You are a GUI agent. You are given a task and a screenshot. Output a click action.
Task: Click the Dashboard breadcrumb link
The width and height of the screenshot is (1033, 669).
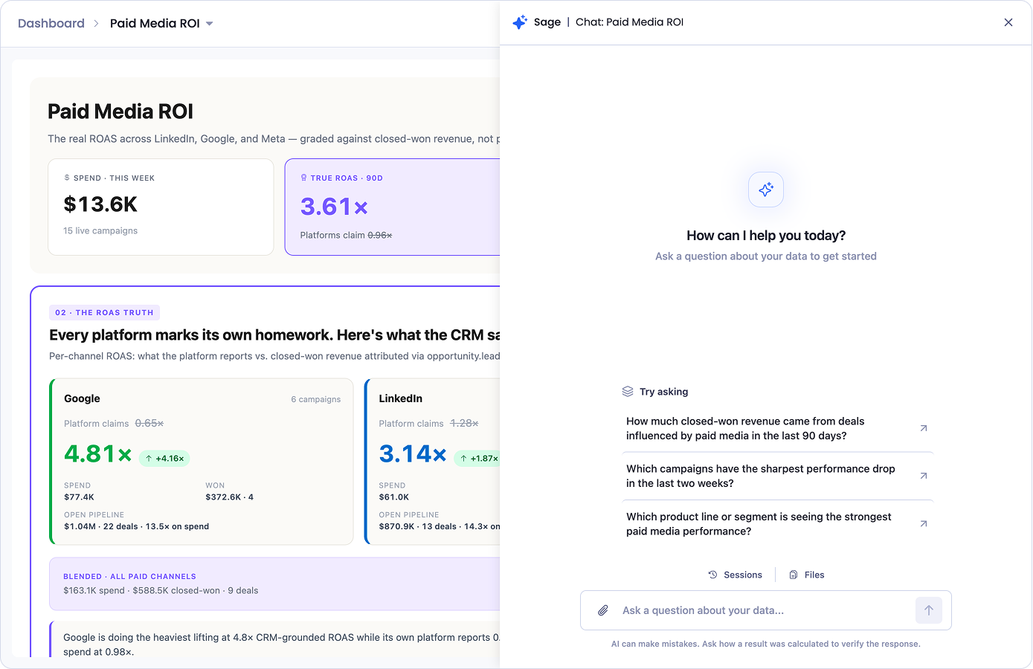(x=51, y=23)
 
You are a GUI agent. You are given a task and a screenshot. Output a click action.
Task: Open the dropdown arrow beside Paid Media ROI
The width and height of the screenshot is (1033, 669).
(x=210, y=24)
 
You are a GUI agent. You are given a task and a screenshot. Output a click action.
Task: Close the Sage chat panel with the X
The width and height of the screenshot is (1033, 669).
(x=1008, y=22)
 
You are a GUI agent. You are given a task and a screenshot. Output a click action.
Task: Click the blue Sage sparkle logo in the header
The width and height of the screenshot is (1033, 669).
(x=520, y=22)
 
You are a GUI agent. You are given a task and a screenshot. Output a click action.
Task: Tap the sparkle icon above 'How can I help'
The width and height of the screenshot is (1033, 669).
(x=765, y=190)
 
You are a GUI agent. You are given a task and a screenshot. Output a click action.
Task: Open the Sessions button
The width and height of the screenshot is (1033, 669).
(x=735, y=575)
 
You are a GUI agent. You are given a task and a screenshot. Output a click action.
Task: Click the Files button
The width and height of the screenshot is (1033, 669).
(x=807, y=575)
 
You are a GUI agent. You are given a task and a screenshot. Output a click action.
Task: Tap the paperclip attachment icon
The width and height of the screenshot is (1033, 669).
(x=602, y=610)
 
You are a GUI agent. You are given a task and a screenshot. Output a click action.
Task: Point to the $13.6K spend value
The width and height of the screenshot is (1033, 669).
(x=100, y=204)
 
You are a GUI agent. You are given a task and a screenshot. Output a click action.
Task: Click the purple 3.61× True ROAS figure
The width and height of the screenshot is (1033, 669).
(x=335, y=207)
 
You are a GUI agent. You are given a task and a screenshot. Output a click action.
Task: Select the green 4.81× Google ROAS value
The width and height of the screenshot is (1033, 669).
(x=97, y=453)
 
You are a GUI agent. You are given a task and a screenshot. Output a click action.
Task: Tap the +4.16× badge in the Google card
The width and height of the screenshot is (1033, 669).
(x=164, y=459)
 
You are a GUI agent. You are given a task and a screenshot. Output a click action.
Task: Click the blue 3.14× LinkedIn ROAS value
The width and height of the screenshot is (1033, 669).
(x=413, y=453)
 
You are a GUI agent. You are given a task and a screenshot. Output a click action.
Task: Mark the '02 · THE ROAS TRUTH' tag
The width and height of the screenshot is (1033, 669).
(x=105, y=313)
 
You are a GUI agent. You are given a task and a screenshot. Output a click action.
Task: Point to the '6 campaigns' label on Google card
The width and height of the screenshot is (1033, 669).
(x=316, y=399)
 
